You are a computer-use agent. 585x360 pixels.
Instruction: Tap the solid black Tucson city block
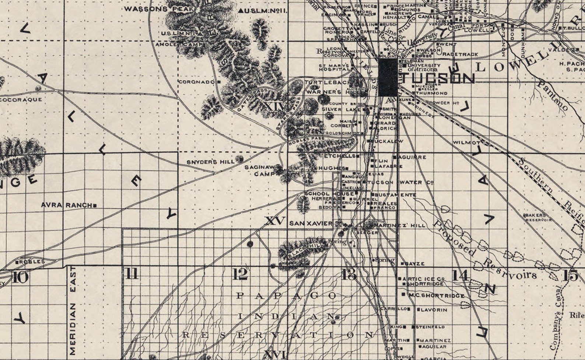click(x=388, y=77)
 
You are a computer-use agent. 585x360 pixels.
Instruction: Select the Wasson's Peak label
click(x=146, y=9)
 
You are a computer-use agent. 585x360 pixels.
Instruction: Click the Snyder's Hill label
click(x=210, y=162)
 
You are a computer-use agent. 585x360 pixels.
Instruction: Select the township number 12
click(x=240, y=274)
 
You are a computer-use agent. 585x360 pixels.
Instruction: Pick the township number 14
click(x=460, y=275)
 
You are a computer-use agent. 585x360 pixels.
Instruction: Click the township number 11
click(x=132, y=274)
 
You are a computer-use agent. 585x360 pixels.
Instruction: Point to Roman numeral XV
click(x=275, y=221)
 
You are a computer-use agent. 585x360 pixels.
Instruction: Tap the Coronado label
click(x=196, y=82)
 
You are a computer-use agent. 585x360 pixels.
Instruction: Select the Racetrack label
click(x=460, y=54)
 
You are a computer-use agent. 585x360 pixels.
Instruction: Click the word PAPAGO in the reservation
click(x=286, y=296)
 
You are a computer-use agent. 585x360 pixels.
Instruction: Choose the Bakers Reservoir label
click(x=538, y=217)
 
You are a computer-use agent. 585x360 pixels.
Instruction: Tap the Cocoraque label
click(x=21, y=99)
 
